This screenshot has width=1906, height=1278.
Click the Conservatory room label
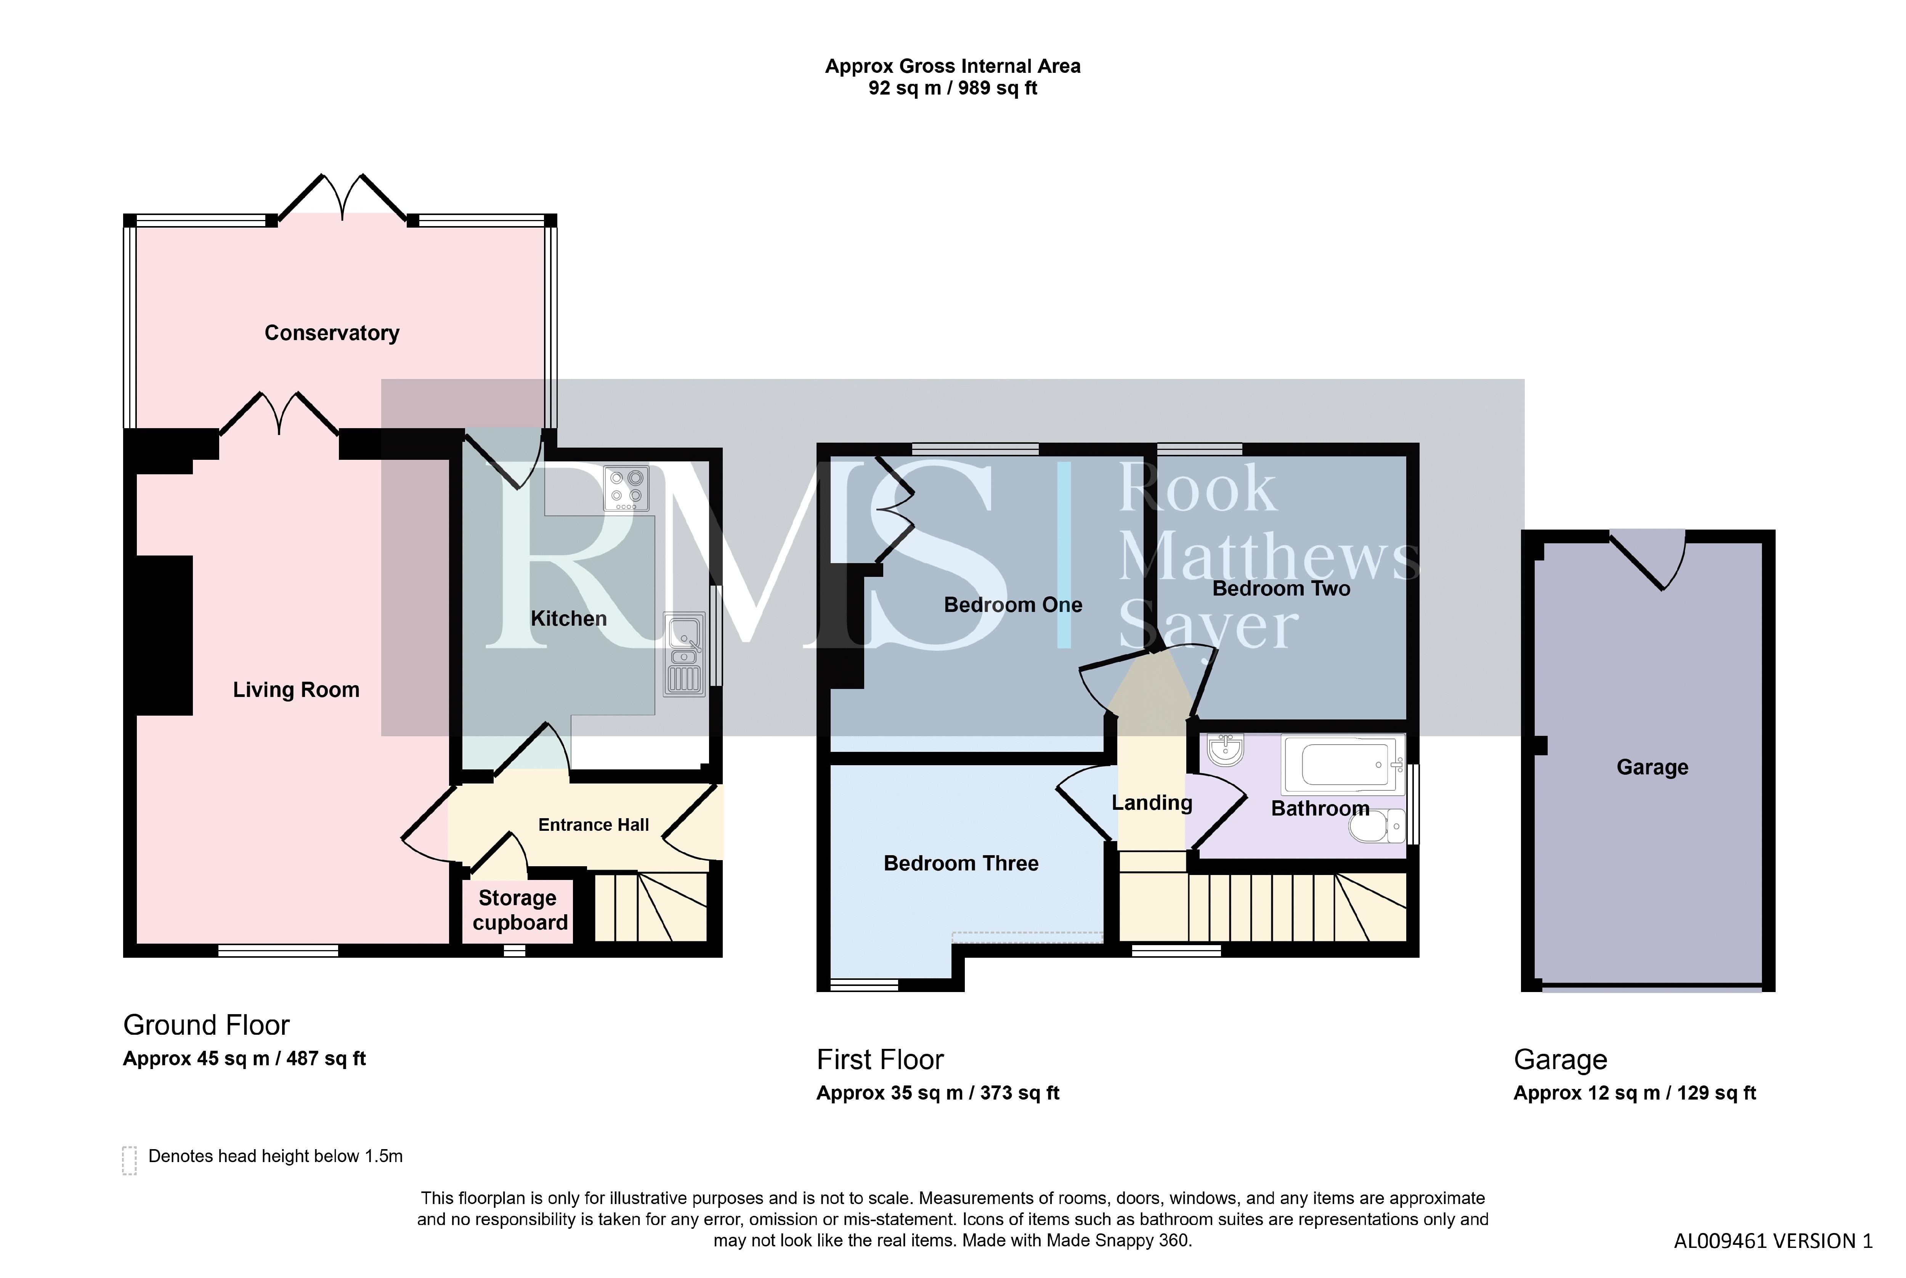332,333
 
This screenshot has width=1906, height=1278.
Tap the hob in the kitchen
626,488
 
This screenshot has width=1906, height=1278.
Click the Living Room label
296,690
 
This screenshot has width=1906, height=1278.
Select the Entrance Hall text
593,825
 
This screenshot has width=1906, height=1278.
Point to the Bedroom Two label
1281,588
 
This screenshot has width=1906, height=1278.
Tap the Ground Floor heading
206,1025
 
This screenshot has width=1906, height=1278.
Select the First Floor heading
880,1060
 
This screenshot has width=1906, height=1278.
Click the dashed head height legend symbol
129,1161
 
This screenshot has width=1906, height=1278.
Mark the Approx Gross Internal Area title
953,66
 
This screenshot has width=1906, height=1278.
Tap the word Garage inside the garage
1652,768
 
